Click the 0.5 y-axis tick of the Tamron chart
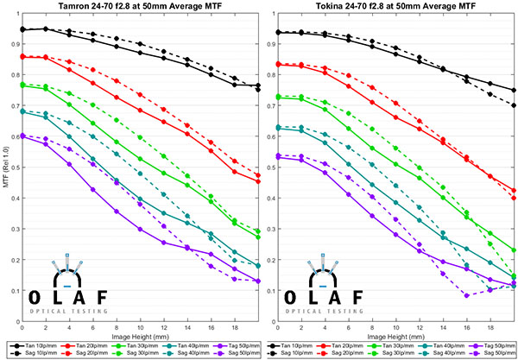pos(15,167)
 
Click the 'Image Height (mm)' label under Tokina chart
pos(399,335)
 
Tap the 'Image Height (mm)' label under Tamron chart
pos(141,335)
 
